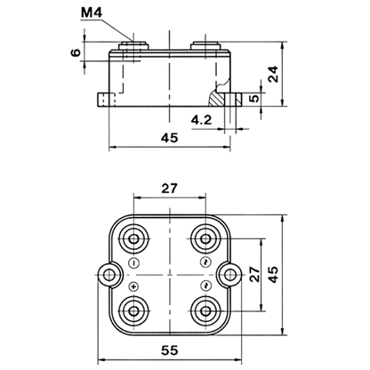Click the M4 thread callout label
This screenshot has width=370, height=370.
click(92, 12)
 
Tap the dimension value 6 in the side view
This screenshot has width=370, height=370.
click(76, 52)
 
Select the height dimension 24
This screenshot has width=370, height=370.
click(273, 74)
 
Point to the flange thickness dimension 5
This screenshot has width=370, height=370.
click(254, 98)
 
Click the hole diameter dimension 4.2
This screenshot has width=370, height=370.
click(202, 120)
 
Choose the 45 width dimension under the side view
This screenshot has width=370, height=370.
click(170, 138)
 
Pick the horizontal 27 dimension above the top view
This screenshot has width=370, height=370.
click(169, 189)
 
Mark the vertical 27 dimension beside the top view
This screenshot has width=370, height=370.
click(254, 274)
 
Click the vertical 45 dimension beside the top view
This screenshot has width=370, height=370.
click(273, 274)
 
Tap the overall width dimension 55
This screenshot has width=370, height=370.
click(170, 350)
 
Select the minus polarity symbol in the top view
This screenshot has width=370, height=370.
click(134, 262)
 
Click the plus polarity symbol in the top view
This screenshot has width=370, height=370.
click(134, 286)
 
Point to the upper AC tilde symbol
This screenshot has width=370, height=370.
click(205, 261)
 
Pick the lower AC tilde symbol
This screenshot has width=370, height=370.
click(205, 286)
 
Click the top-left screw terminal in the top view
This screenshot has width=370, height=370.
click(133, 238)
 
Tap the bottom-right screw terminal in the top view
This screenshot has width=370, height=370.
click(205, 310)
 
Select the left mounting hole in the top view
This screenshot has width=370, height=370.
click(109, 275)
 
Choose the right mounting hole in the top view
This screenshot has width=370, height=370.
click(229, 275)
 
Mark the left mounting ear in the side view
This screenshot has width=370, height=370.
click(106, 100)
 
